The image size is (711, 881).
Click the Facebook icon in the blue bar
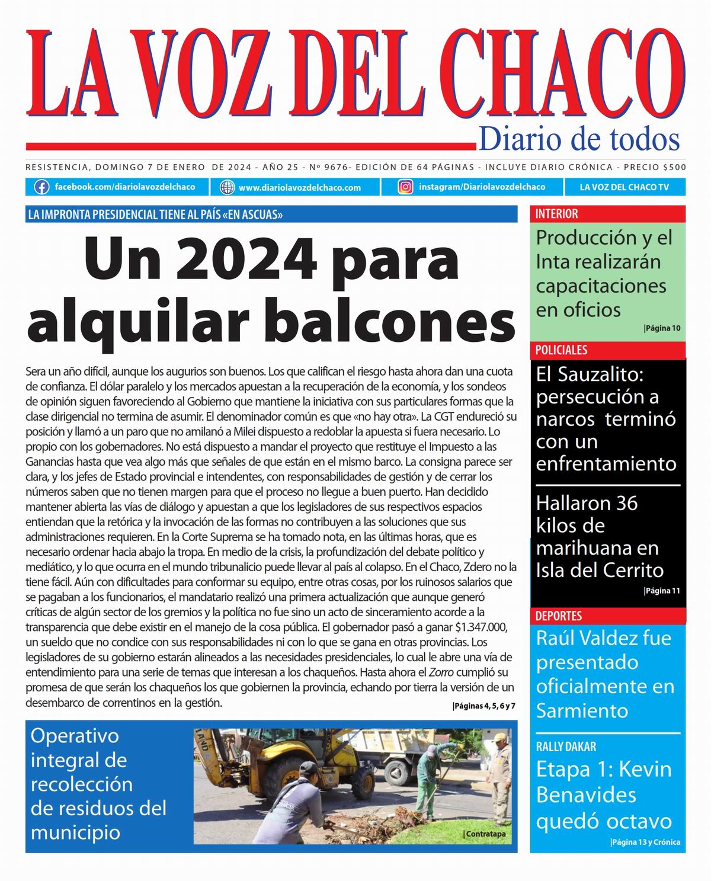coord(41,187)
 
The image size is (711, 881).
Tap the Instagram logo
coord(405,187)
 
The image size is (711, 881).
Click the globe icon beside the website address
coord(227,187)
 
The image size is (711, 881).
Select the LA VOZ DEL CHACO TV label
coord(624,187)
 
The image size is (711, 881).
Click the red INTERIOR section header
coord(556,214)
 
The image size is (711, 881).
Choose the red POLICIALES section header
coord(561,350)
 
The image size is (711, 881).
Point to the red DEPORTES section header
coord(558,616)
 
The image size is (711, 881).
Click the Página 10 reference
coord(662,328)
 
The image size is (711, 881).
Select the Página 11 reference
coord(662,590)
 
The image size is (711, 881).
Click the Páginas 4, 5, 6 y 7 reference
coord(483,706)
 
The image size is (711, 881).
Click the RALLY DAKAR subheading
coord(566,746)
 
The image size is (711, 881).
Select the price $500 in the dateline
coord(674,167)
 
